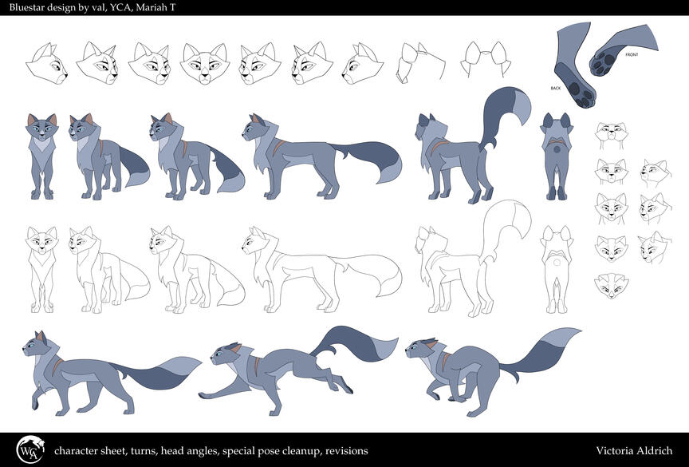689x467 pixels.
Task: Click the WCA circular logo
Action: point(30,450)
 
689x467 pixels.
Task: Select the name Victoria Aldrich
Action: point(634,451)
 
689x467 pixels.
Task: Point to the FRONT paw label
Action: point(632,55)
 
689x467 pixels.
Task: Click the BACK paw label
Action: point(555,89)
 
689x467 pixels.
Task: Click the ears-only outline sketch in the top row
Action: point(486,58)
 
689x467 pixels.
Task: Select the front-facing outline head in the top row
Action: point(205,63)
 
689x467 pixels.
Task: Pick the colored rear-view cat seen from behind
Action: point(557,156)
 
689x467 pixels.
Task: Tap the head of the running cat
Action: point(227,353)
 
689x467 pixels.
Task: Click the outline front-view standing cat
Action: point(41,269)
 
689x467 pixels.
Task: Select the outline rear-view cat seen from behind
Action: point(557,269)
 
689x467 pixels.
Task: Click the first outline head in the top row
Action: point(46,63)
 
